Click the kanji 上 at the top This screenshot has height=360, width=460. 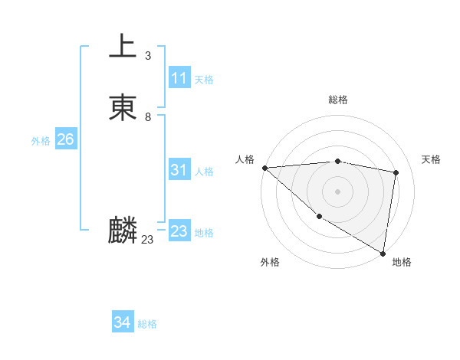point(123,47)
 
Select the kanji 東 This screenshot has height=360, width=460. point(123,108)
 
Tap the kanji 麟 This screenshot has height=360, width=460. point(123,231)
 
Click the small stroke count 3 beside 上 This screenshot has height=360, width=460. point(147,56)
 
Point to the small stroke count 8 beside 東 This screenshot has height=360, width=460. point(147,117)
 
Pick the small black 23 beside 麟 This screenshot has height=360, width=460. point(147,240)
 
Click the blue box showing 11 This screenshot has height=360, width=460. point(179,78)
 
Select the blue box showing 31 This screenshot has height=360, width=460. point(179,170)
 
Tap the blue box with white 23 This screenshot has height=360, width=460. point(179,231)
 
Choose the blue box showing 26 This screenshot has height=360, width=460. point(65,139)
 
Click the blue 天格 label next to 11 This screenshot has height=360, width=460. point(204,80)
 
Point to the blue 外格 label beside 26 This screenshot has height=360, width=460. point(41,141)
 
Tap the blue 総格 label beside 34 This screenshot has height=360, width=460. point(147,325)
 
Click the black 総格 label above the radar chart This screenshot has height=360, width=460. point(338,100)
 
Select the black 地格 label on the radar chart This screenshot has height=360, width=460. point(402,262)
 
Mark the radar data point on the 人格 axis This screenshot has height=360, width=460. point(264,168)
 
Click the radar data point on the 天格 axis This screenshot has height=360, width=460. point(396,172)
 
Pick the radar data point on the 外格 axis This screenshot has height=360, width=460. point(319,217)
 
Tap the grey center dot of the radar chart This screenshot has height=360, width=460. point(338,191)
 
